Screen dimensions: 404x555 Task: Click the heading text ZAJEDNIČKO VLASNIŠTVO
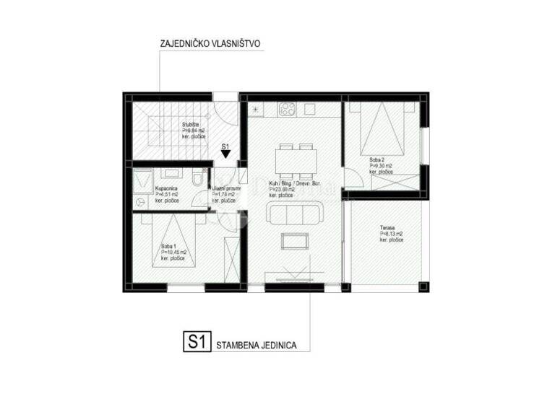point(210,44)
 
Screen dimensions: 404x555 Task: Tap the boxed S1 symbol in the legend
point(194,341)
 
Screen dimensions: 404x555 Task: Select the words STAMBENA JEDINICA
point(257,346)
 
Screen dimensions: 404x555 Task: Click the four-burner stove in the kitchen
point(286,110)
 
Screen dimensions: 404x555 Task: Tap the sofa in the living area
point(295,213)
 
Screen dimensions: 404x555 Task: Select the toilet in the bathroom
point(197,177)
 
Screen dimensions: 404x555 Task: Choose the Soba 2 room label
point(377,159)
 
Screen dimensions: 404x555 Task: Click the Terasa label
point(388,228)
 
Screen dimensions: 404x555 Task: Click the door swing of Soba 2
point(350,177)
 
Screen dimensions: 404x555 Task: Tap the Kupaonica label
point(167,188)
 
